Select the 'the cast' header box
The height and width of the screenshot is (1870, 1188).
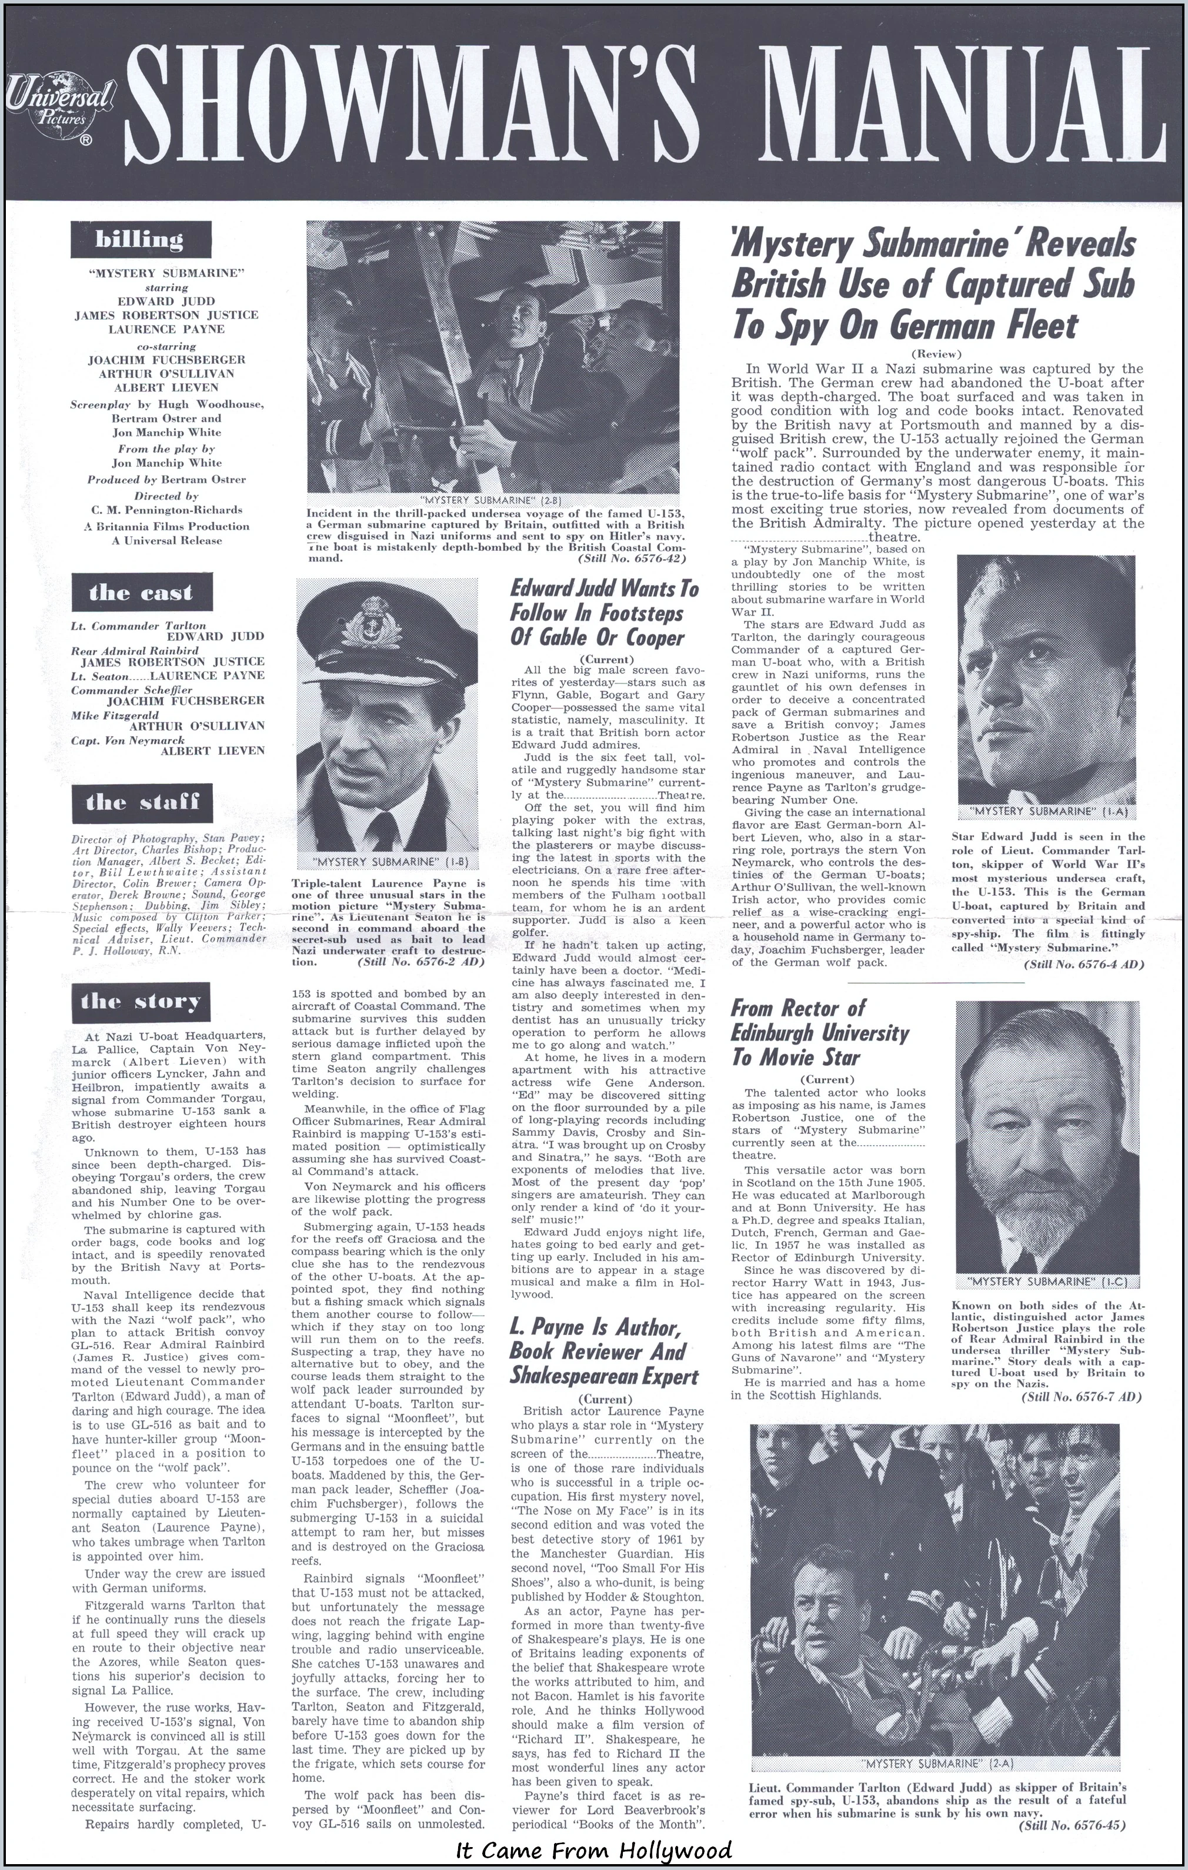140,593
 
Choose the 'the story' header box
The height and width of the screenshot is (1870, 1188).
140,1001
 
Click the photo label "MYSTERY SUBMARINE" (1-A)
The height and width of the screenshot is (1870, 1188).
1046,811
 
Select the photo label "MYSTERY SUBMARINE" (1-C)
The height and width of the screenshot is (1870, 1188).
1046,1279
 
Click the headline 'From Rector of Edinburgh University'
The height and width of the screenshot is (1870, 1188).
820,1033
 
